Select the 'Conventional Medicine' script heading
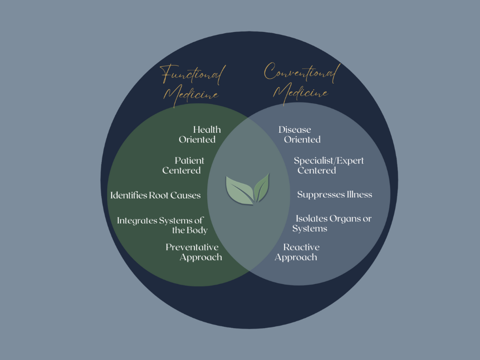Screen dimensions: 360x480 [x=300, y=81]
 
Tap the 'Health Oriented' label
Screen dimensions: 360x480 [x=200, y=135]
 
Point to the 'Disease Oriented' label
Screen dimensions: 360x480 [x=299, y=135]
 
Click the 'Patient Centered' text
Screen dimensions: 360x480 [x=183, y=165]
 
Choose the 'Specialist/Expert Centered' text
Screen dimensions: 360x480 [x=329, y=165]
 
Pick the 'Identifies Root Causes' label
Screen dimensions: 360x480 [x=155, y=195]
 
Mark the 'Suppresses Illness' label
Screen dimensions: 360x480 [x=335, y=195]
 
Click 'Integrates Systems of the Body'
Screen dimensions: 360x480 [x=162, y=225]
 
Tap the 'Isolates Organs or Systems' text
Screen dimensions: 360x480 [x=332, y=224]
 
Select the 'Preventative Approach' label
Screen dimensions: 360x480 [x=194, y=252]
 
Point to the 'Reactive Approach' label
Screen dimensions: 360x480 [x=297, y=252]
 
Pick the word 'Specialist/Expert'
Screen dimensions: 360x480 [x=329, y=161]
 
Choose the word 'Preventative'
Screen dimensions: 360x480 [x=192, y=247]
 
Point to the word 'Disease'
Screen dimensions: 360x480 [x=294, y=130]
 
